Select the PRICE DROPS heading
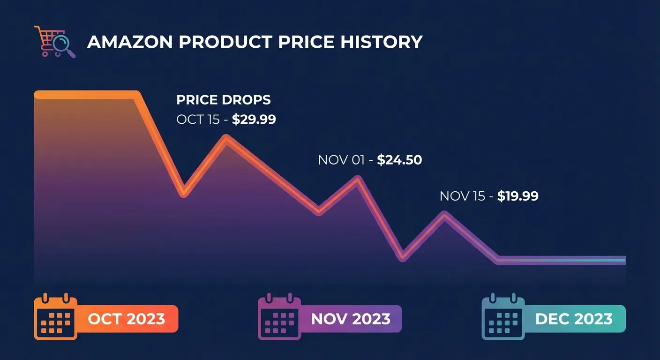point(223,100)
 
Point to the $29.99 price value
point(254,120)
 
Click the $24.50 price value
point(399,160)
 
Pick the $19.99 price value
point(517,196)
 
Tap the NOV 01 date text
point(341,160)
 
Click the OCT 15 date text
point(198,120)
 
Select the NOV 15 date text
point(462,196)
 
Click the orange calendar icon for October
point(55,317)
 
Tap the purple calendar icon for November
point(279,317)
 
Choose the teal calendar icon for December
point(503,317)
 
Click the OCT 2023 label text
point(127,319)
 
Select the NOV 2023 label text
point(351,319)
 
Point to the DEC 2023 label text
point(574,319)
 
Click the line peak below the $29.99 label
point(226,139)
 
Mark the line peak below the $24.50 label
point(358,180)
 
